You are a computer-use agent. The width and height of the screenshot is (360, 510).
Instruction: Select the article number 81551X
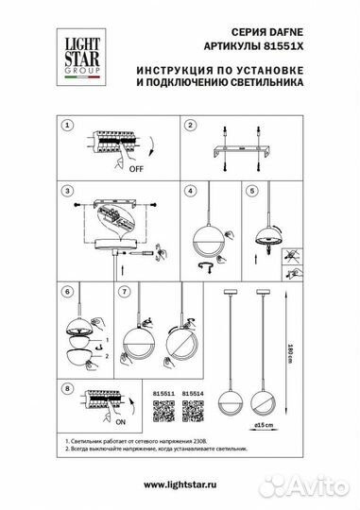pyautogui.click(x=282, y=42)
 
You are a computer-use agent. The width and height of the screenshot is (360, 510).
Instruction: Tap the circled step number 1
pyautogui.click(x=65, y=125)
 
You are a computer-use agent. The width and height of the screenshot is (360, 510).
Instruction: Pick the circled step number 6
pyautogui.click(x=65, y=294)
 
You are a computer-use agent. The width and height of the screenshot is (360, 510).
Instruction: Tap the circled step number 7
pyautogui.click(x=123, y=294)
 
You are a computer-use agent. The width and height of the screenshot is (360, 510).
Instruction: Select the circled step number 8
pyautogui.click(x=65, y=387)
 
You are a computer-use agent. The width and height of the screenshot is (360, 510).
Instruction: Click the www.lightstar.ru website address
pyautogui.click(x=180, y=483)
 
